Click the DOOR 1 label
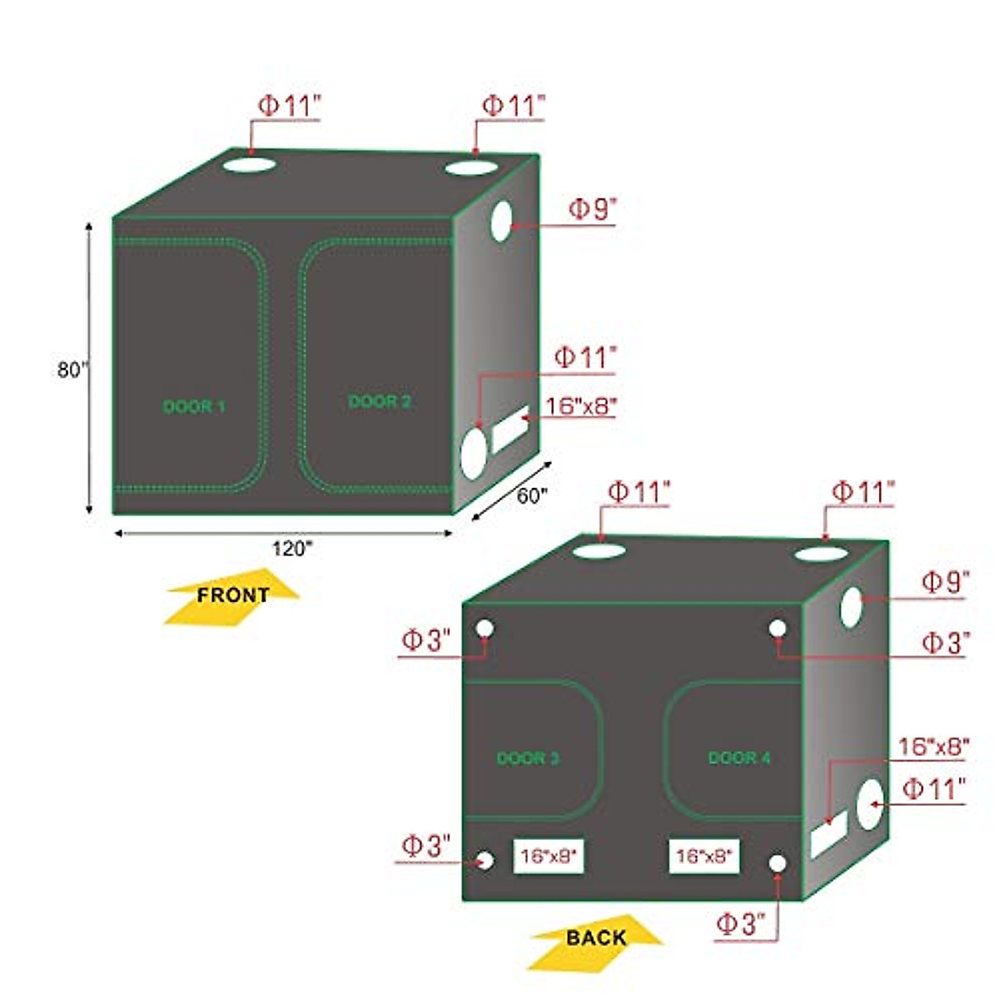[194, 407]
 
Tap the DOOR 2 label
[379, 402]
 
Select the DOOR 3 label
[528, 758]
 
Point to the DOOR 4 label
[739, 758]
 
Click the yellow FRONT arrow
[232, 596]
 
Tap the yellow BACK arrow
[595, 938]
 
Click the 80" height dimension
[72, 370]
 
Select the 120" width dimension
[291, 549]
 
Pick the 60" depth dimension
[532, 495]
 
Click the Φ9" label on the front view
[591, 209]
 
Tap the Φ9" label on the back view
[944, 582]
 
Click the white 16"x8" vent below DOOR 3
[548, 856]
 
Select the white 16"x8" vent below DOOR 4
[703, 856]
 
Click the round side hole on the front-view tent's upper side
[500, 221]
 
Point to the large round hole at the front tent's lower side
[473, 453]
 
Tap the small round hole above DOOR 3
[485, 629]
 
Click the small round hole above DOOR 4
[778, 629]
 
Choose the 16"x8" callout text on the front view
[580, 406]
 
